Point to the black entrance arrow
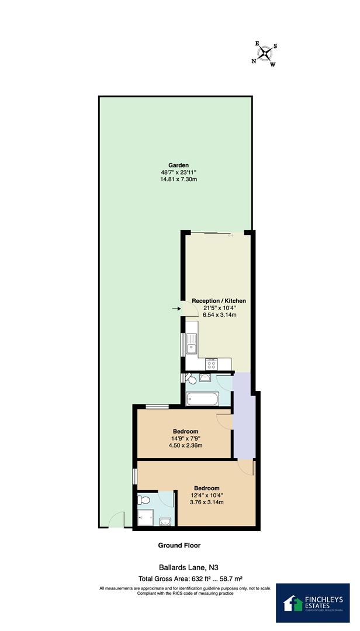[x=176, y=308]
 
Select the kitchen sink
[x=191, y=348]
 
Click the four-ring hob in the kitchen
[x=212, y=364]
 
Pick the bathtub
[x=202, y=400]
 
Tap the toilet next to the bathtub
[x=190, y=379]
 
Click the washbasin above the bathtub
[x=206, y=377]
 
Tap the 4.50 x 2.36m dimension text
[x=186, y=446]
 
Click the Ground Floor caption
[x=179, y=545]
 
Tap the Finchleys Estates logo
[x=313, y=602]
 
